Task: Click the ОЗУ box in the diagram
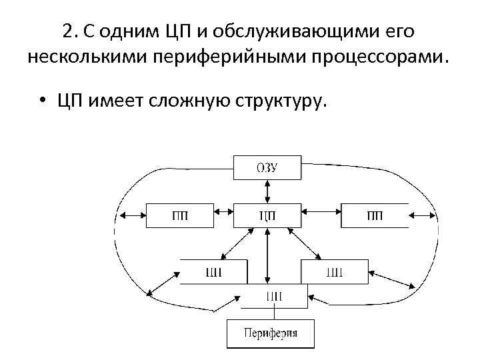267,167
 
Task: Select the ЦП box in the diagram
267,215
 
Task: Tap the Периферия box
270,333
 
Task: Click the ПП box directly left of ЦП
179,215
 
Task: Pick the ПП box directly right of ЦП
375,215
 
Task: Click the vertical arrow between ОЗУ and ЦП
267,191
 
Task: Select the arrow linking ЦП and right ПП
321,215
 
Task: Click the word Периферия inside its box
270,333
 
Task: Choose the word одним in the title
126,32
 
